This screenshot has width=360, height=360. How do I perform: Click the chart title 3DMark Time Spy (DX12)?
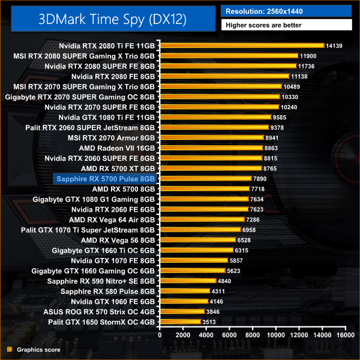[x=109, y=18]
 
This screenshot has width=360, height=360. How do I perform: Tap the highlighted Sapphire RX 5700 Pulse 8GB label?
[x=105, y=178]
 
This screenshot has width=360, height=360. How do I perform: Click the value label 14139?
[x=334, y=46]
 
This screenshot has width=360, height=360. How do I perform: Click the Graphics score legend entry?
[x=33, y=349]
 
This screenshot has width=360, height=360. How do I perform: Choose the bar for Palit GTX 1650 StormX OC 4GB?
[x=180, y=322]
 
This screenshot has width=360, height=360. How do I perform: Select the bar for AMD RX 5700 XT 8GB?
[x=210, y=169]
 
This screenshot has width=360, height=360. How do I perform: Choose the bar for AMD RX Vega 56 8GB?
[x=197, y=240]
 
